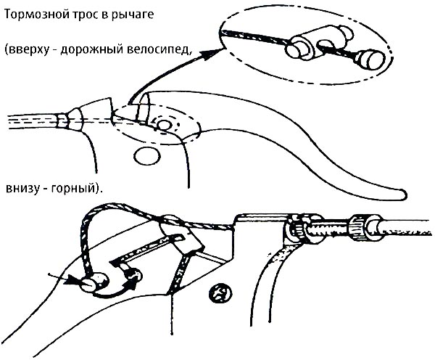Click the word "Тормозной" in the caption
33,15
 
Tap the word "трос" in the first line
84,15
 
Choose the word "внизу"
22,187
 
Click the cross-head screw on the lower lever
217,293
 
